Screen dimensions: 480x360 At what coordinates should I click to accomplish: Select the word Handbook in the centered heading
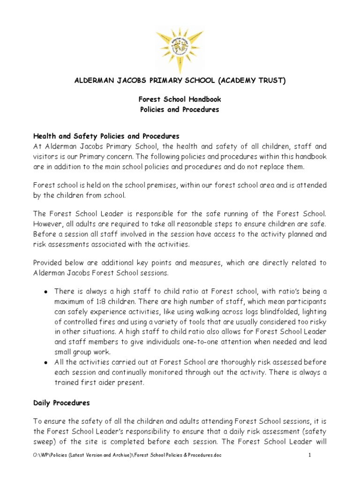pos(204,99)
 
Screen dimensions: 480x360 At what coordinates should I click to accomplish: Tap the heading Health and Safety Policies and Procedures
pos(106,136)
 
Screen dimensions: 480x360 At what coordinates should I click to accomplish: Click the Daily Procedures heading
pos(61,403)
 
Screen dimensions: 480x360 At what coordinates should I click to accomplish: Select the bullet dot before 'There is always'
pos(45,292)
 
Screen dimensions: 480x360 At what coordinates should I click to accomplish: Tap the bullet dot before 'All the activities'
pos(45,363)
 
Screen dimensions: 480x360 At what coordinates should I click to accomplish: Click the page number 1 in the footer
pos(310,455)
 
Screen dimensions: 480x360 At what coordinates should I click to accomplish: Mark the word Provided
pos(49,263)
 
